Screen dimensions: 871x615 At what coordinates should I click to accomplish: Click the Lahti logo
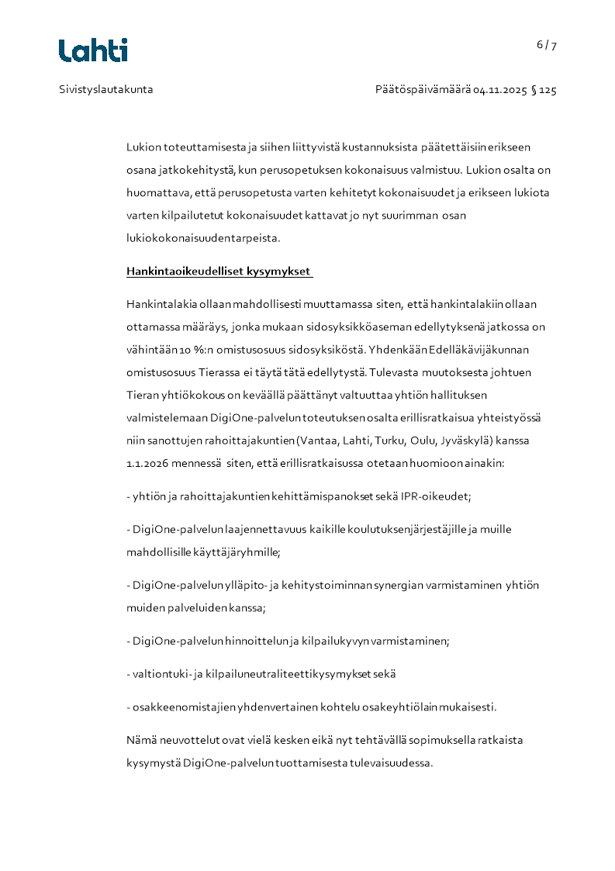click(93, 50)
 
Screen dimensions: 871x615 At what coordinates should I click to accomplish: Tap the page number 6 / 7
click(547, 45)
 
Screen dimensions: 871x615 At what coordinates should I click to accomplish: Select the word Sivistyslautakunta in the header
click(106, 90)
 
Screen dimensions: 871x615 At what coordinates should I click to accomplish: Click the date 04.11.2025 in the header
click(500, 90)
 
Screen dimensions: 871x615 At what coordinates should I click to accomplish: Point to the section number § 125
click(544, 90)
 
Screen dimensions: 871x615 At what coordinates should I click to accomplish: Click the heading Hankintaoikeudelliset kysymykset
click(219, 272)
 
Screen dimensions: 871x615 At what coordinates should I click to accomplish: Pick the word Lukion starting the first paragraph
click(142, 147)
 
